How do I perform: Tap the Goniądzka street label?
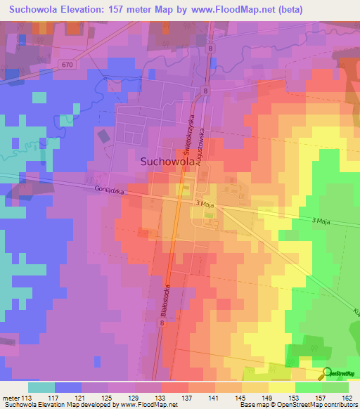click(x=108, y=190)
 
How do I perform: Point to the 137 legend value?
click(x=188, y=398)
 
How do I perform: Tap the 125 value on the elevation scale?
click(x=108, y=398)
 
